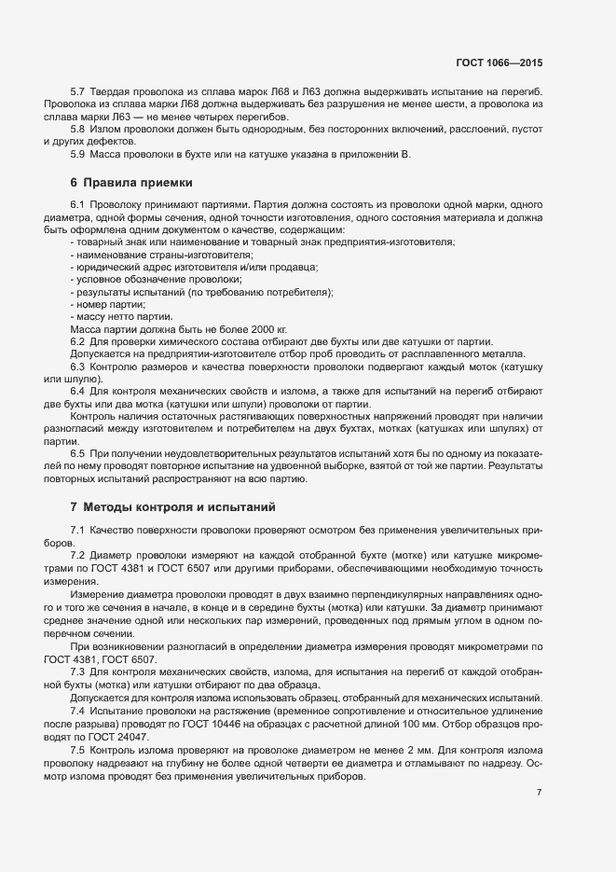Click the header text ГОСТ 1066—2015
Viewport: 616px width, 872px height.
tap(500, 62)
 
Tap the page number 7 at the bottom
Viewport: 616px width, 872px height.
tap(540, 793)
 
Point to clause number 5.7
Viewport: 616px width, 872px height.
tap(77, 90)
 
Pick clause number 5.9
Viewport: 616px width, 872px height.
tap(77, 153)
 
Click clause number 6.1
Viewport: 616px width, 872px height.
tap(77, 204)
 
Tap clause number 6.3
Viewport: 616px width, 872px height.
tap(77, 366)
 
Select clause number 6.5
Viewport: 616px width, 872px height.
tap(77, 453)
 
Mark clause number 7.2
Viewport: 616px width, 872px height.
tap(77, 554)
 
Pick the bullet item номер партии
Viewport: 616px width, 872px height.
tap(110, 305)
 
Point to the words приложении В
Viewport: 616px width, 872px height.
tap(373, 153)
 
